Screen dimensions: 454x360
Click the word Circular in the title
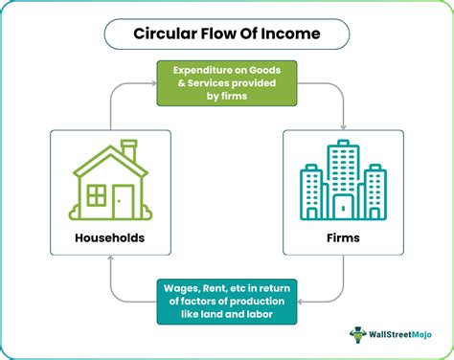click(x=165, y=34)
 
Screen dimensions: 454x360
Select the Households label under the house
click(x=110, y=237)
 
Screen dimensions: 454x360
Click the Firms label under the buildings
click(x=343, y=237)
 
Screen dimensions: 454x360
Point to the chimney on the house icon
click(x=129, y=150)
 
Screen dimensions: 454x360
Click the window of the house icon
click(x=97, y=195)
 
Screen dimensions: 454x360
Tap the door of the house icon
click(x=123, y=202)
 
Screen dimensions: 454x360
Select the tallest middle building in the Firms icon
click(x=343, y=180)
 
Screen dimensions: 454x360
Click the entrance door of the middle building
click(x=343, y=207)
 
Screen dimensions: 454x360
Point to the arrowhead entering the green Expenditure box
click(x=154, y=83)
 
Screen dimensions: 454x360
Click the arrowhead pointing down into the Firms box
click(x=343, y=127)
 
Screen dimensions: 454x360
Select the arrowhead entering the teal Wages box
click(x=300, y=302)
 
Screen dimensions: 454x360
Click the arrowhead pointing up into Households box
click(x=110, y=258)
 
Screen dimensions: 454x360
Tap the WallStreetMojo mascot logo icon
click(x=357, y=334)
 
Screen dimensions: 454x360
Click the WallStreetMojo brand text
click(x=400, y=334)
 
